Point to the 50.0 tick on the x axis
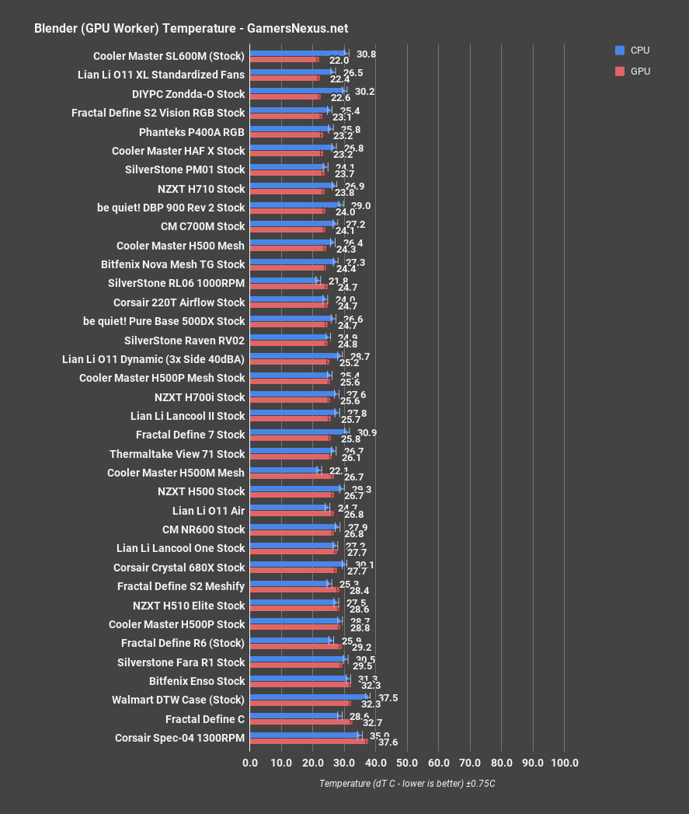[407, 763]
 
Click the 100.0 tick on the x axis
[564, 763]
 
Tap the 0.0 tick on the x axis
[250, 763]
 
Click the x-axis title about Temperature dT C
[407, 784]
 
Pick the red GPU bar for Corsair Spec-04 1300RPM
[308, 741]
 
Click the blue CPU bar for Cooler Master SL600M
[298, 54]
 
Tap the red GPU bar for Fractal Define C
[301, 722]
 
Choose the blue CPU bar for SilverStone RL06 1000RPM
[284, 281]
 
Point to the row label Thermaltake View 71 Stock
[177, 454]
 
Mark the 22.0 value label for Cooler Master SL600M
[339, 60]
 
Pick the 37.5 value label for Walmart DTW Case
[388, 698]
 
